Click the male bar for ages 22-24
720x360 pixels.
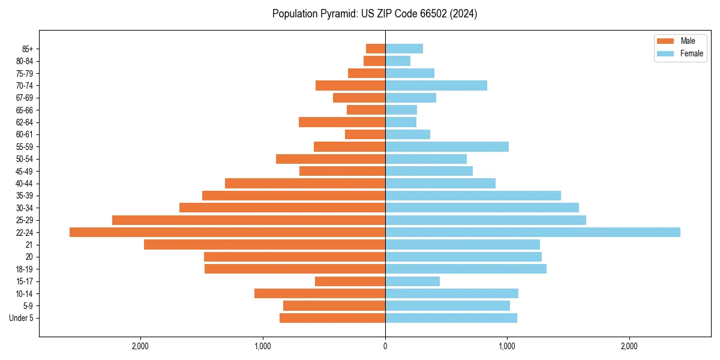pos(227,232)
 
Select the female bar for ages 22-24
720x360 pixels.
pos(533,232)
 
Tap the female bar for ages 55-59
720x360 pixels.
pos(447,147)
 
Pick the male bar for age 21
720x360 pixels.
pos(265,245)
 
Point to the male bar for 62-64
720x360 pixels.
pos(342,122)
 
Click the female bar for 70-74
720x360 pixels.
pos(436,86)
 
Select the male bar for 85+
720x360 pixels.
pos(376,49)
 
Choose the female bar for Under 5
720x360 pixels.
pos(451,318)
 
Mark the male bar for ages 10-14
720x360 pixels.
pos(320,293)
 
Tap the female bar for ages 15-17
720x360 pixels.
pos(413,281)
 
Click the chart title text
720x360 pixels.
pos(374,14)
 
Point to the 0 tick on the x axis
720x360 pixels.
pos(385,346)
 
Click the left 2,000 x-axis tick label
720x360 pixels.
pos(140,346)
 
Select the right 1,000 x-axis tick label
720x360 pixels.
pos(507,346)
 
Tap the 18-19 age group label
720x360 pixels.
pos(25,269)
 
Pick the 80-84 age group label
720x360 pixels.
pos(25,61)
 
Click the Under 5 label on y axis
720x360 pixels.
pos(21,318)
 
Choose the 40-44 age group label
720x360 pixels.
pos(25,184)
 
